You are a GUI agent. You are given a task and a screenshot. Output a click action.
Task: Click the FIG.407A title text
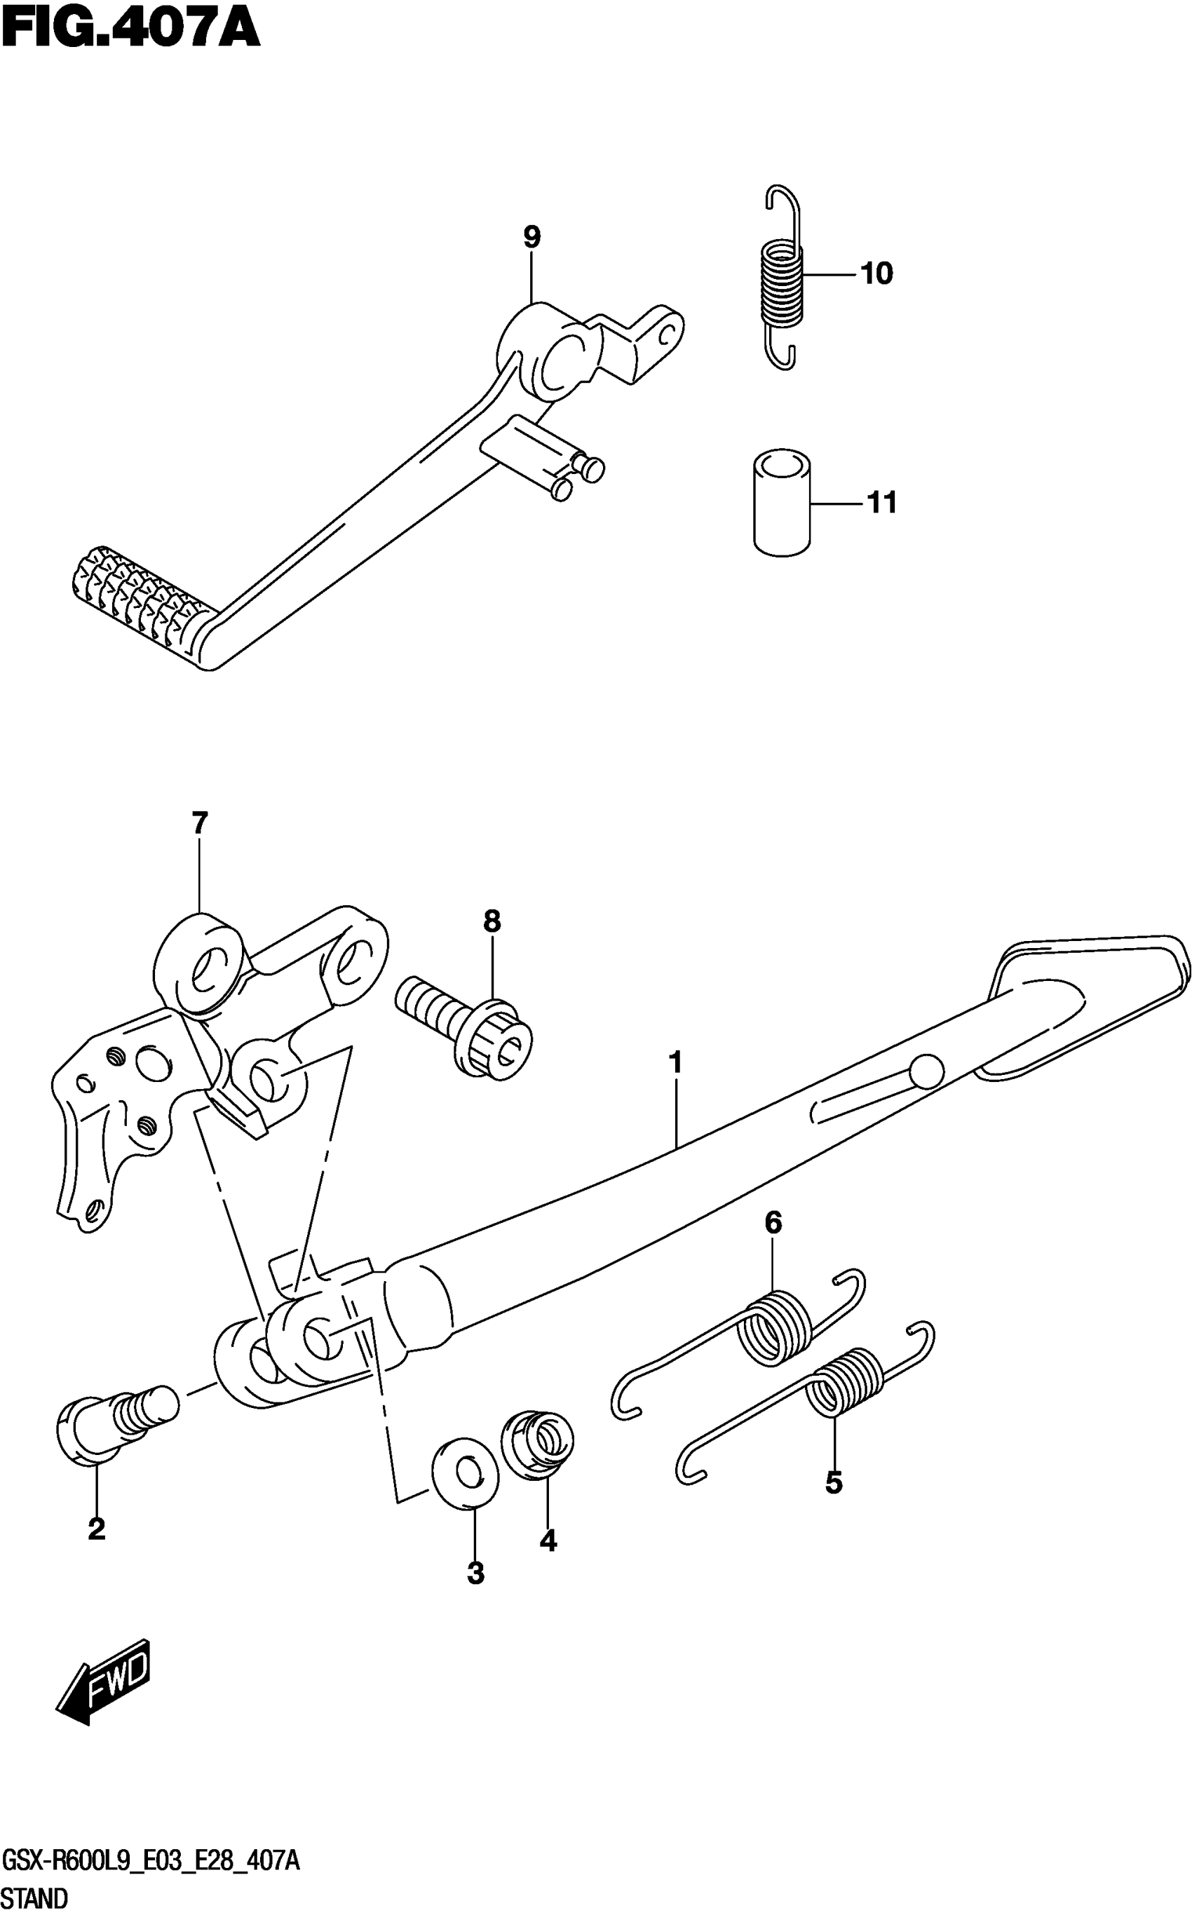click(130, 30)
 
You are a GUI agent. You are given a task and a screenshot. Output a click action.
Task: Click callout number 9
click(532, 236)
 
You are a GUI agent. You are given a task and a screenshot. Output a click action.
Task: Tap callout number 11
click(882, 502)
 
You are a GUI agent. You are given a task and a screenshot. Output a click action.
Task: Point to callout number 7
click(199, 823)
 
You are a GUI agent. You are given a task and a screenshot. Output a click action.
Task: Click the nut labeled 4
click(539, 1442)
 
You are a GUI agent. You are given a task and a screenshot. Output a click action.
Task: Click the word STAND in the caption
click(36, 1899)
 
